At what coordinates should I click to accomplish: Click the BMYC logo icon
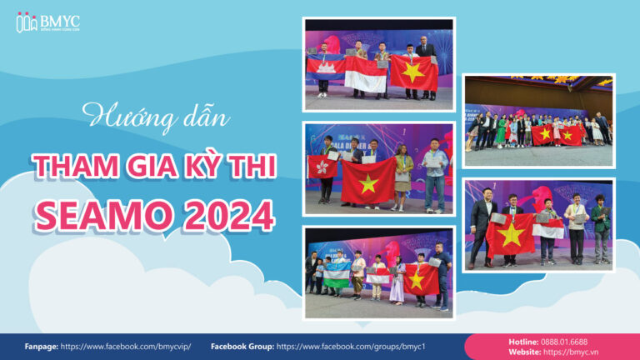tap(27, 22)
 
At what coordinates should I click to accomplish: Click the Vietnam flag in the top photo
tap(413, 72)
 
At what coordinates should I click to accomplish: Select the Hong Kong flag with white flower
tap(322, 166)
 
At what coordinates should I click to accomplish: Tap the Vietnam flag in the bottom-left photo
tap(421, 279)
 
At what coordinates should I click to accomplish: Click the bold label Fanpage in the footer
tap(40, 346)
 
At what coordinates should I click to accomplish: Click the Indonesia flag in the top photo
tap(366, 73)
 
